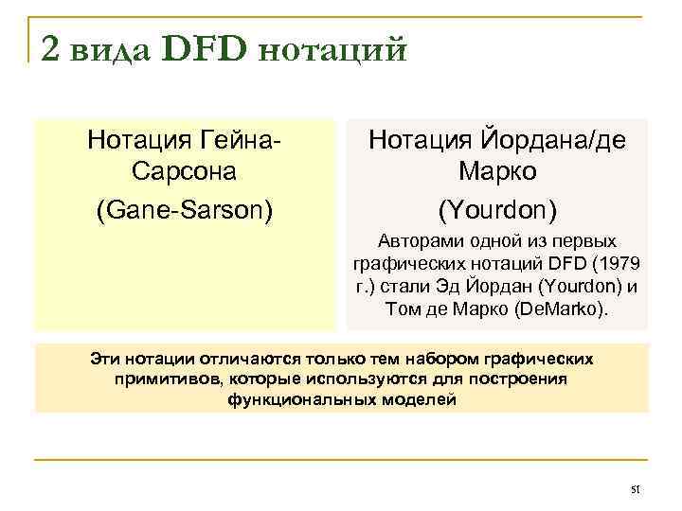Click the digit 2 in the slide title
51,48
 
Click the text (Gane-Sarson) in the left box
185,207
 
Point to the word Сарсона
185,173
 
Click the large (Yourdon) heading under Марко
497,207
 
